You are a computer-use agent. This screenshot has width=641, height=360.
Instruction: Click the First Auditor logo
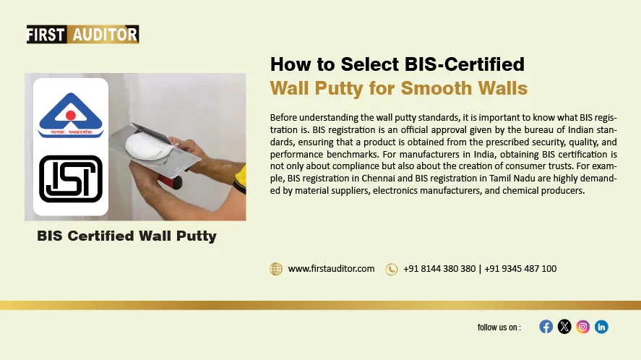click(82, 34)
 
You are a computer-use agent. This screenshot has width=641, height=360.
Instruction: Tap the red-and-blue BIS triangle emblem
click(71, 116)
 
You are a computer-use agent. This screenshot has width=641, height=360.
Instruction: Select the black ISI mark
click(70, 179)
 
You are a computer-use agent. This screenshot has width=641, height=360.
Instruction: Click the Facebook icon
click(546, 327)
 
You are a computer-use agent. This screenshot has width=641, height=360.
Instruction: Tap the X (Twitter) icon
click(564, 327)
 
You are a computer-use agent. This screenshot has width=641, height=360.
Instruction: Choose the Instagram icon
click(583, 327)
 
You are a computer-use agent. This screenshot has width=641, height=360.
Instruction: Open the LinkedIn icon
click(601, 327)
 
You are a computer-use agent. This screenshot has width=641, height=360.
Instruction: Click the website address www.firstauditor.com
click(331, 269)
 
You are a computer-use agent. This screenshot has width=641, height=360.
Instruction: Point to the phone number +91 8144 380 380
click(439, 269)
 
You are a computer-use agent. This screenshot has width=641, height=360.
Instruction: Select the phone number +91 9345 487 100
click(520, 269)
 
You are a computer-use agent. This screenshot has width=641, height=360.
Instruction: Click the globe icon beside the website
click(276, 269)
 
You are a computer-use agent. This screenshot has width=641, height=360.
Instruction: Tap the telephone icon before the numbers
click(392, 269)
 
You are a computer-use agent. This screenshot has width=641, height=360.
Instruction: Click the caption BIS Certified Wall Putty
click(126, 236)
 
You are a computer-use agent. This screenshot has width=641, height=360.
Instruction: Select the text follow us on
click(499, 327)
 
